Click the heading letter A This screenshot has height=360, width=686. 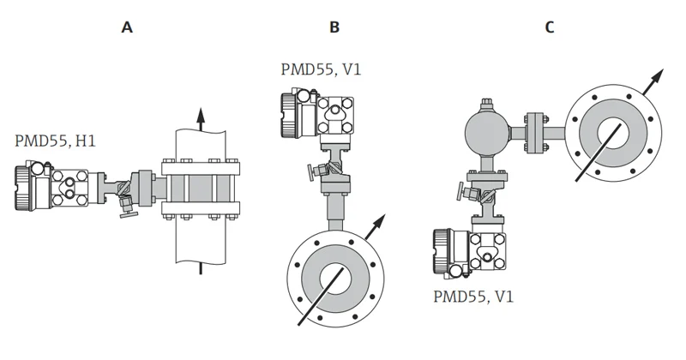(127, 27)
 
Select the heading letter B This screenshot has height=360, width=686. (334, 27)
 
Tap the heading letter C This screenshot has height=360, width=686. (550, 27)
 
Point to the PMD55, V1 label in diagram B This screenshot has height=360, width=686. (321, 69)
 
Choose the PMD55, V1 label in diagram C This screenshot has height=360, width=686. (473, 297)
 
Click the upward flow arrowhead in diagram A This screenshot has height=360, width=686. (201, 115)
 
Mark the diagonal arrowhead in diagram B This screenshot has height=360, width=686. (376, 225)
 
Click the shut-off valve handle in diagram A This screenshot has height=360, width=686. (126, 206)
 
